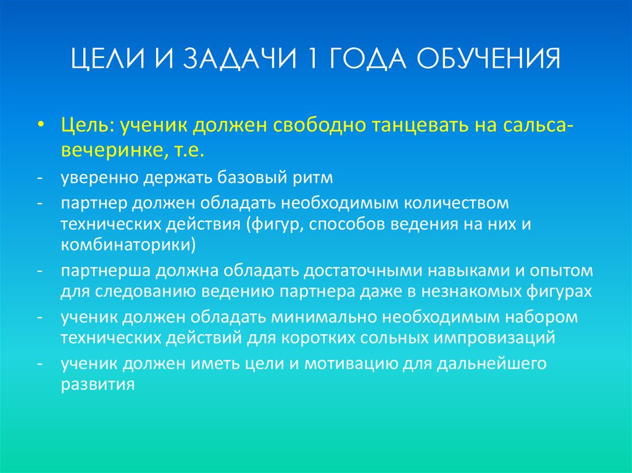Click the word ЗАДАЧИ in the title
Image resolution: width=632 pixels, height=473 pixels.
point(230,62)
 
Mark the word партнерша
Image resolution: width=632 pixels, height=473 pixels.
point(106,271)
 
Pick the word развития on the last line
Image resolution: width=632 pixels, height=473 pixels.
point(98,384)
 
